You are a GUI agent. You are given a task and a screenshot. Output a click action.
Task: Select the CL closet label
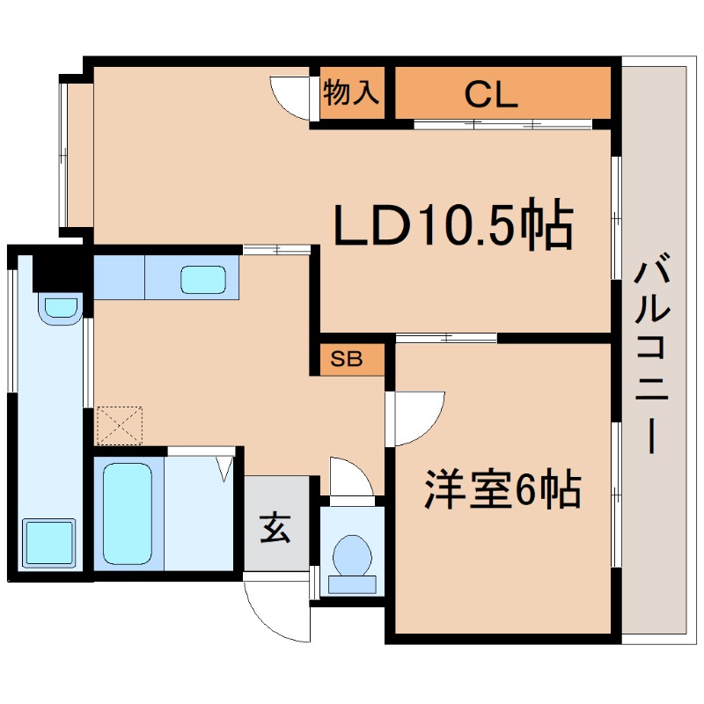491,94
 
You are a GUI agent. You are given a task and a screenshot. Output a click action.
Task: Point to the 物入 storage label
352,92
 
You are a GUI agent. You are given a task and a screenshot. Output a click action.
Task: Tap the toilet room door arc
352,475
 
